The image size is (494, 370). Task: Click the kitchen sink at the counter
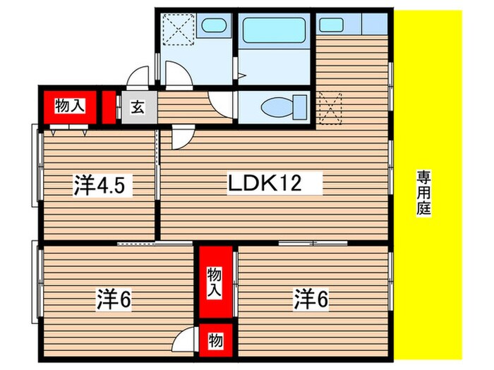[x=330, y=24]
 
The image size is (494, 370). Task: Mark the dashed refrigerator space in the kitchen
[x=330, y=107]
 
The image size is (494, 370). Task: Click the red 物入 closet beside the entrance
[x=70, y=107]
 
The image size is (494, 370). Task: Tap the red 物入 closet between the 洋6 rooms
[x=215, y=282]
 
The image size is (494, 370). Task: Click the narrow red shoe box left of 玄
[x=108, y=108]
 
